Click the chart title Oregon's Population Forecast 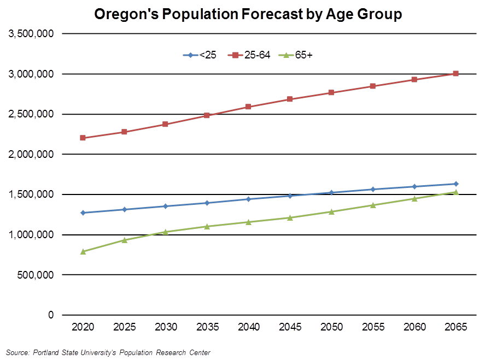(248, 14)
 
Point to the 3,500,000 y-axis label (31, 34)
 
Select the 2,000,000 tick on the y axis (31, 155)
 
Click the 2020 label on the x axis (83, 327)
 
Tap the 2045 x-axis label (290, 327)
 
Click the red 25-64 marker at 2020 (83, 138)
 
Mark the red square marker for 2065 (455, 74)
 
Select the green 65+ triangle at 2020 (83, 252)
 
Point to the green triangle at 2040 (249, 222)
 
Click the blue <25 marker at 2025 (125, 210)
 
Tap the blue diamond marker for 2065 (455, 184)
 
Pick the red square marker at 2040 (249, 107)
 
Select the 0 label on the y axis (50, 315)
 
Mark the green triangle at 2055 (373, 205)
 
